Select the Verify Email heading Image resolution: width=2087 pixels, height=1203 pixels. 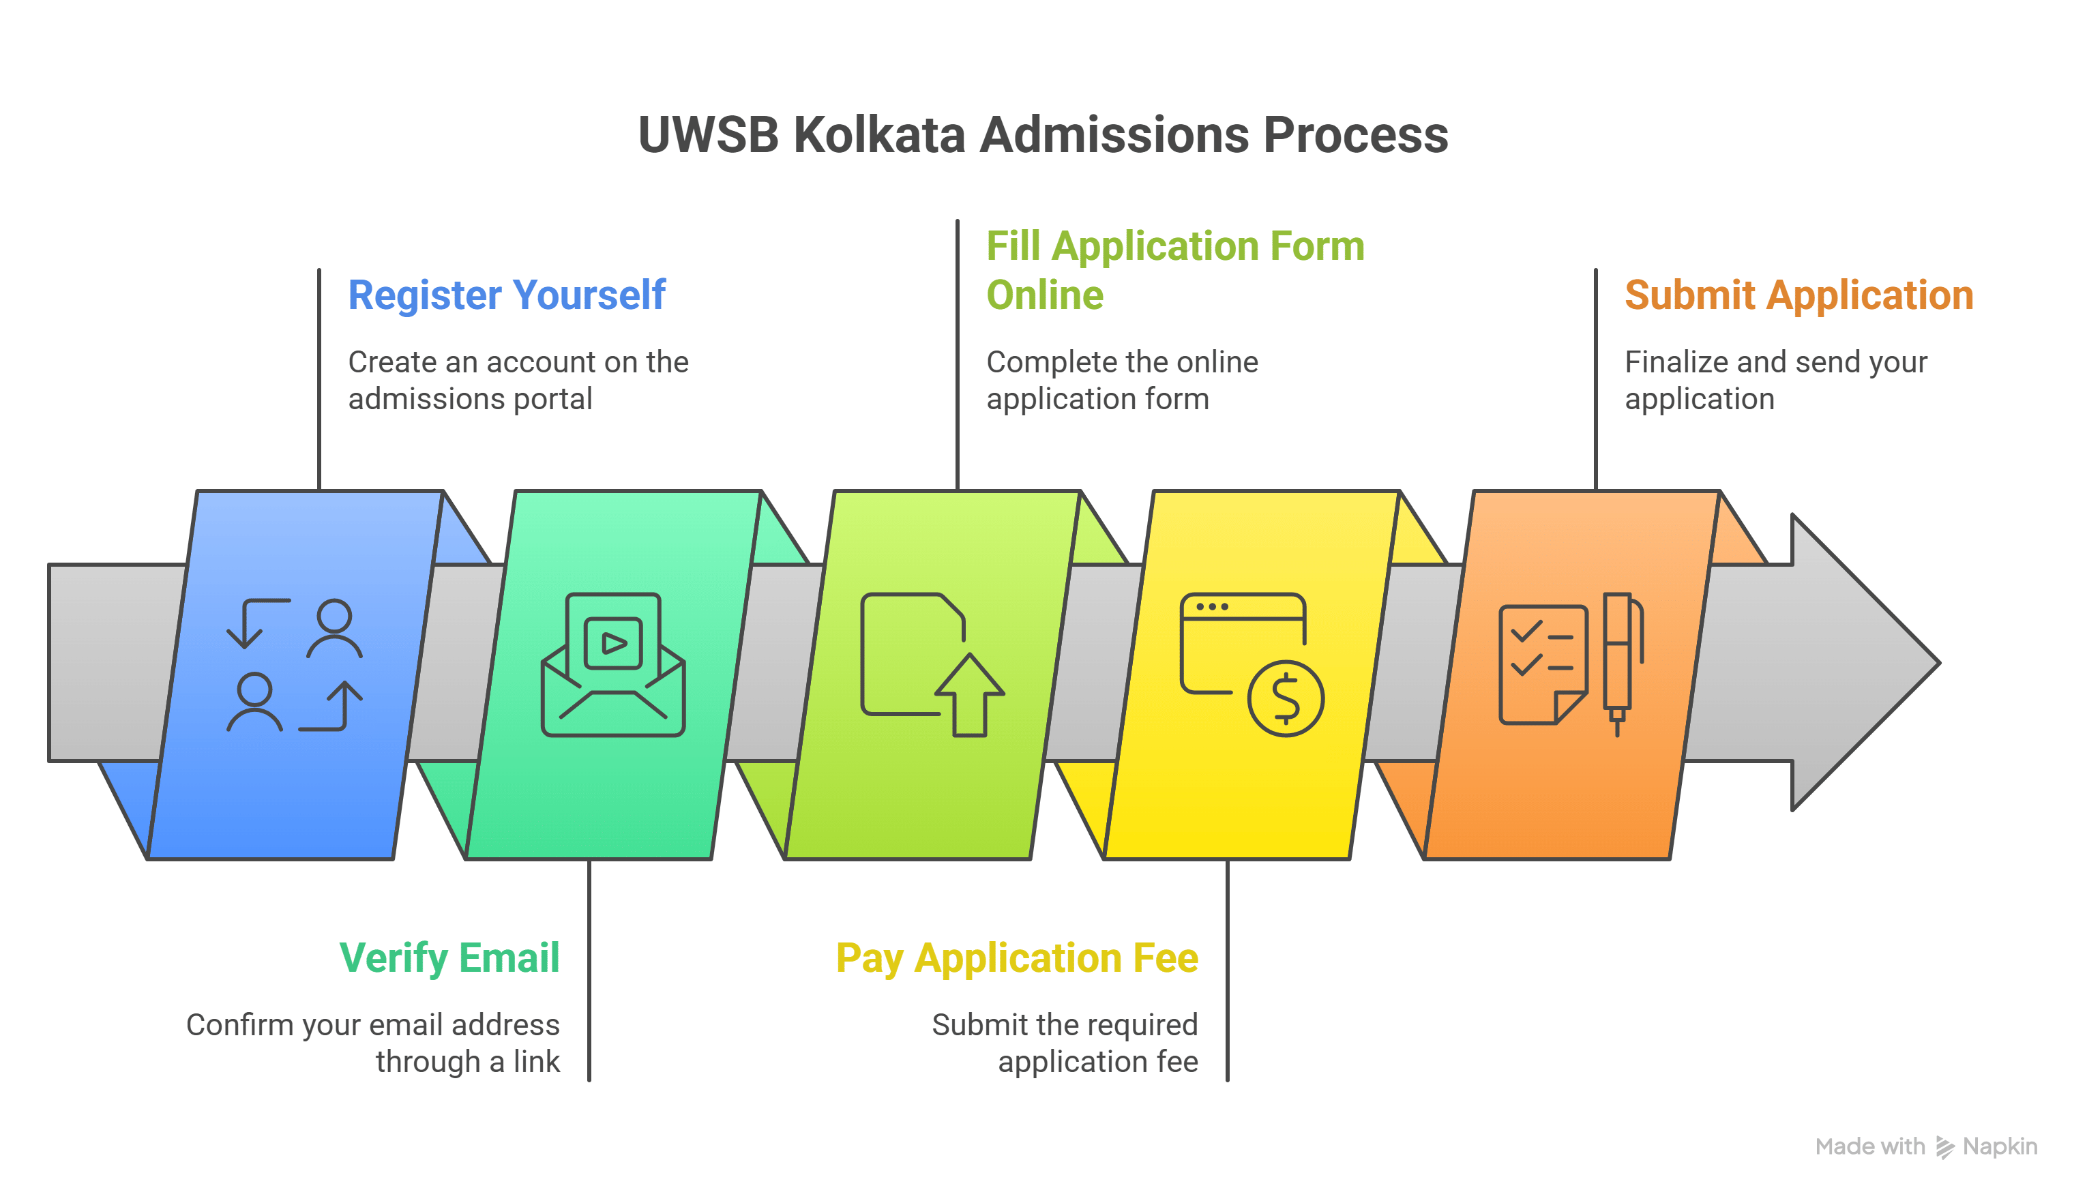(x=449, y=958)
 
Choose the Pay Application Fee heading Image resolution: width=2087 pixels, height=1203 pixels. (x=1016, y=958)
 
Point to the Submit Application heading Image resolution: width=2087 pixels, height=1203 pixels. (x=1798, y=296)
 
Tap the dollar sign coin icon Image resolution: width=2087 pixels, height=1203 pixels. (x=1285, y=698)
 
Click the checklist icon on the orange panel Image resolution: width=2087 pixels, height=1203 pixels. (x=1541, y=664)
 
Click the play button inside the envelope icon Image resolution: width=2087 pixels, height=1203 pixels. (x=613, y=643)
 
